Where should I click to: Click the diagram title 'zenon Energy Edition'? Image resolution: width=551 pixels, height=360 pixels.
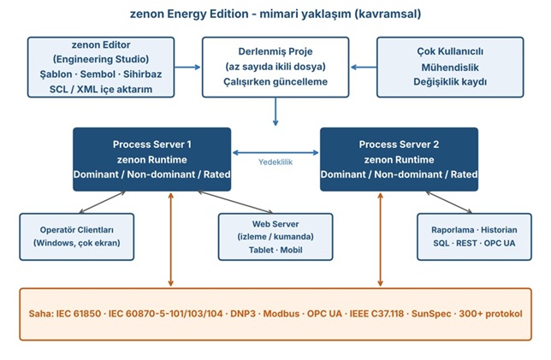click(x=189, y=14)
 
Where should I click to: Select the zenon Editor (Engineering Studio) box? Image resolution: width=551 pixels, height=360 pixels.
click(x=101, y=67)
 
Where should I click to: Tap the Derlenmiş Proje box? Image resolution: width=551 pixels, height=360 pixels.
click(x=275, y=67)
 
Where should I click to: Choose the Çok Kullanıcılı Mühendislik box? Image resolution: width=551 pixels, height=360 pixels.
click(x=450, y=67)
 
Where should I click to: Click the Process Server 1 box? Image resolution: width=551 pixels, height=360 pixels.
click(x=151, y=159)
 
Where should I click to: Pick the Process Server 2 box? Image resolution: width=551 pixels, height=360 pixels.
click(x=400, y=159)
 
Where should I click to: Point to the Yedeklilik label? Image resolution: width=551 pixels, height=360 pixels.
click(x=275, y=162)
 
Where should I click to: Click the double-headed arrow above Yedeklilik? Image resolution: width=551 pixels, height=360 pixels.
click(x=275, y=152)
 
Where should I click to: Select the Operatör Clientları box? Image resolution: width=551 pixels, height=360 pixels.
click(x=77, y=237)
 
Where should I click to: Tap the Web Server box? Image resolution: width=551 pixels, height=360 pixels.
click(x=275, y=237)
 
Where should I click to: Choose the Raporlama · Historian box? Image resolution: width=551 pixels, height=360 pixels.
click(x=474, y=237)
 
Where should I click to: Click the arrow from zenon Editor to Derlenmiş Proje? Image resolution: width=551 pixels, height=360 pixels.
click(x=187, y=67)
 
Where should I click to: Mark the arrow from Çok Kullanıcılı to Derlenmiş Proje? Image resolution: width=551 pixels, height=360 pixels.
click(x=364, y=67)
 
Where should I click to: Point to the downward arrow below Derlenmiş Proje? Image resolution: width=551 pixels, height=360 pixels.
click(x=275, y=112)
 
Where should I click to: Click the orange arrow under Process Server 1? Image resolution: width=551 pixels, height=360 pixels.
click(x=171, y=239)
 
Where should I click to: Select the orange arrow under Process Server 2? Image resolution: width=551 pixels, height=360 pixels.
click(x=380, y=239)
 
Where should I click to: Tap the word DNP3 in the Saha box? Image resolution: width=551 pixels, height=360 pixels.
click(x=243, y=314)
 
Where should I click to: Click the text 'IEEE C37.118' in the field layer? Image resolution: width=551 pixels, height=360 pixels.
click(x=376, y=314)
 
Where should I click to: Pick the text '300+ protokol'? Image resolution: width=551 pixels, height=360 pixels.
click(x=490, y=314)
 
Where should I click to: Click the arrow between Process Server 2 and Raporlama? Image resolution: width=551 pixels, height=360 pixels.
click(x=449, y=203)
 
